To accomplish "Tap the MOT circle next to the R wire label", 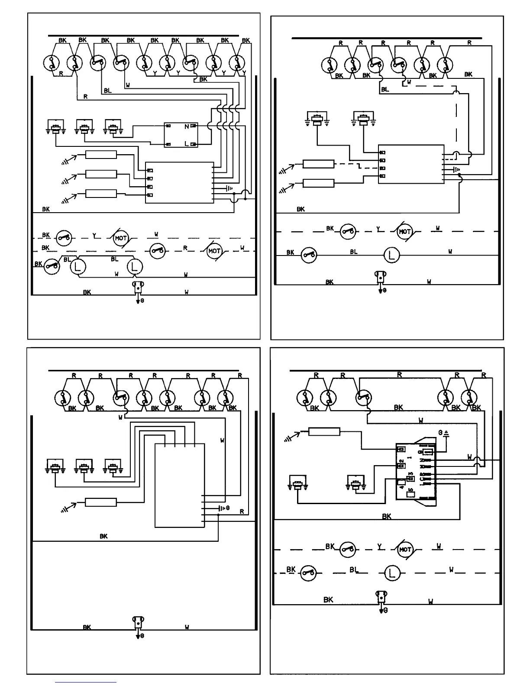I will click(x=214, y=251).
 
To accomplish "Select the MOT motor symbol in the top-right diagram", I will click(x=404, y=232).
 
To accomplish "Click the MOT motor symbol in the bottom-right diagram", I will click(x=405, y=550).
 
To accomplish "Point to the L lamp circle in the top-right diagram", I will click(x=392, y=255).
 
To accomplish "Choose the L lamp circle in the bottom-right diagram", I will click(x=392, y=573).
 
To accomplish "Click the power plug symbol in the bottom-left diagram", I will click(x=138, y=624).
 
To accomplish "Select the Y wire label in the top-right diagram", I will click(x=378, y=229).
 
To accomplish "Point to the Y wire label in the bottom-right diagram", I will click(x=379, y=547).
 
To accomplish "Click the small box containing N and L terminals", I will click(x=181, y=135).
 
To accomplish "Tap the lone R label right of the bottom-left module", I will click(x=242, y=511).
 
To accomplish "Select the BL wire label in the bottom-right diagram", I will click(x=354, y=570).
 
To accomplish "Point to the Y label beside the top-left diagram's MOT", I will click(x=94, y=236).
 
